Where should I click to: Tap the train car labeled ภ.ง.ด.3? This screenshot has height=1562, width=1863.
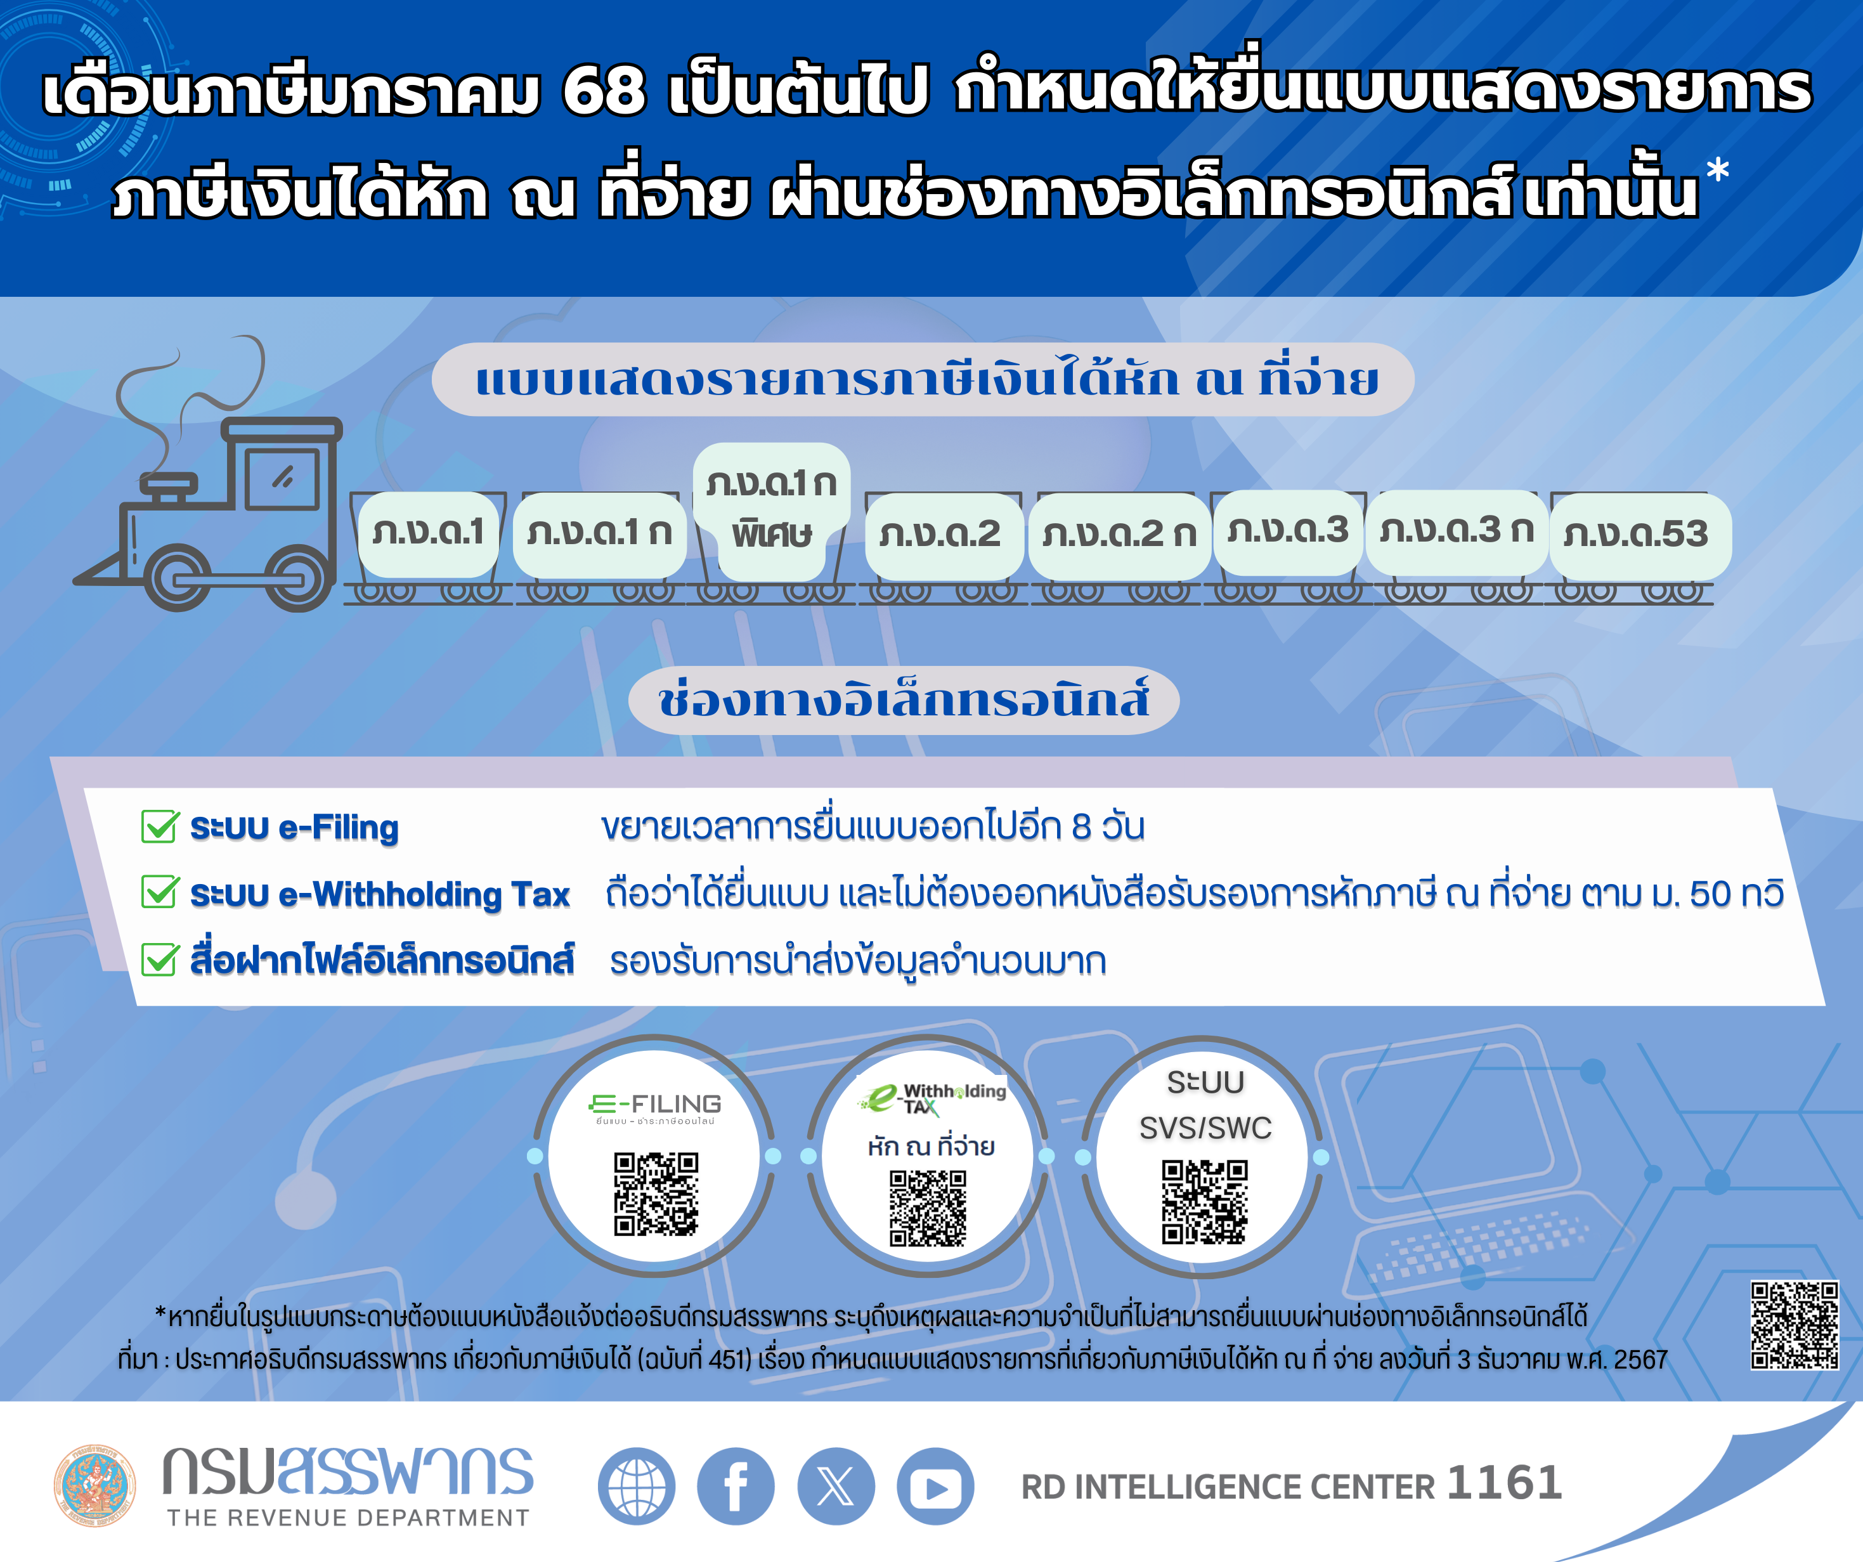[1287, 531]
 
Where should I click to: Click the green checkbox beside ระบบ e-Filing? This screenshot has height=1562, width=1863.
[160, 826]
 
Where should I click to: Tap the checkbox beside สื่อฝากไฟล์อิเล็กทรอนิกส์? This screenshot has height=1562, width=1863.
[160, 960]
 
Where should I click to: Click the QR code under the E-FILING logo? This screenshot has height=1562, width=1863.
[656, 1193]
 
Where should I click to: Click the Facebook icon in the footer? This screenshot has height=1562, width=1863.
[736, 1486]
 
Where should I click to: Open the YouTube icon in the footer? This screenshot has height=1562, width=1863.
[935, 1486]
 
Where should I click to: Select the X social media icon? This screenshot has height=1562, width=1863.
[836, 1486]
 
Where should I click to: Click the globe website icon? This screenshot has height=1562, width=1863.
[636, 1486]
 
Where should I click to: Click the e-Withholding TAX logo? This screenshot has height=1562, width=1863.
[931, 1098]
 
